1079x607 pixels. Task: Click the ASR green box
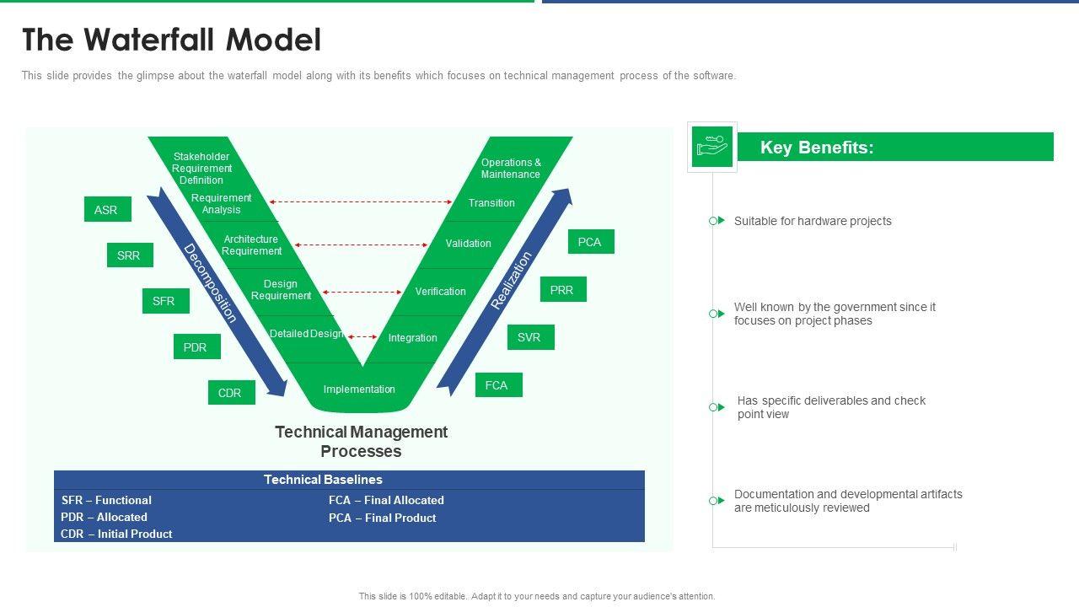[107, 210]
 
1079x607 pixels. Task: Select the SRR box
[130, 255]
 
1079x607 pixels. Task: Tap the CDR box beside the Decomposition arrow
[231, 393]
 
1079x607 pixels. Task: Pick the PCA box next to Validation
[590, 242]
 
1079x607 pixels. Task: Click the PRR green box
[562, 290]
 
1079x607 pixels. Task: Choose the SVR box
[530, 337]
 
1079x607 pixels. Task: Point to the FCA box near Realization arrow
[498, 385]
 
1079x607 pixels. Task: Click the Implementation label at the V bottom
[359, 389]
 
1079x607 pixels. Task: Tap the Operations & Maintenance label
[511, 169]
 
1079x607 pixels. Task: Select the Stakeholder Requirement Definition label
[201, 169]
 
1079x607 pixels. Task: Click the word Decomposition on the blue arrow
[211, 283]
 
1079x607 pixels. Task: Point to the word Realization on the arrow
[513, 281]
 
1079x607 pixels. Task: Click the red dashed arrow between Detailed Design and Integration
[362, 336]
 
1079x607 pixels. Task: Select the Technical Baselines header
[323, 480]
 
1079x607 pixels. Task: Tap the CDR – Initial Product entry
[116, 534]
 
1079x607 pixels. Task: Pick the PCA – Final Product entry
[382, 518]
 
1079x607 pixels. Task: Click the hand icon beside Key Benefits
[712, 147]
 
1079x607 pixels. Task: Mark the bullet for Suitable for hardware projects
[715, 221]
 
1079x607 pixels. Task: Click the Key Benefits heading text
[817, 148]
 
